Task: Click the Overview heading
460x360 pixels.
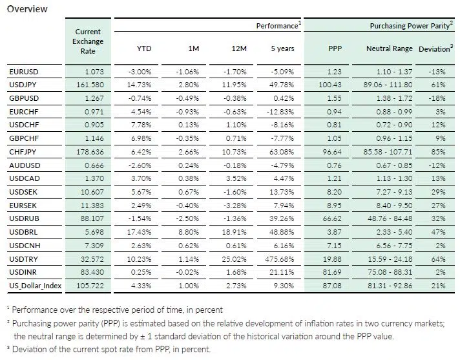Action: pos(26,8)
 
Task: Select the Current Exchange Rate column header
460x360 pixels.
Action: pos(88,41)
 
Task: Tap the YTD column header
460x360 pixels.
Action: pos(144,48)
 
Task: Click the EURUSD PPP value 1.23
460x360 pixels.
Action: pos(333,71)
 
